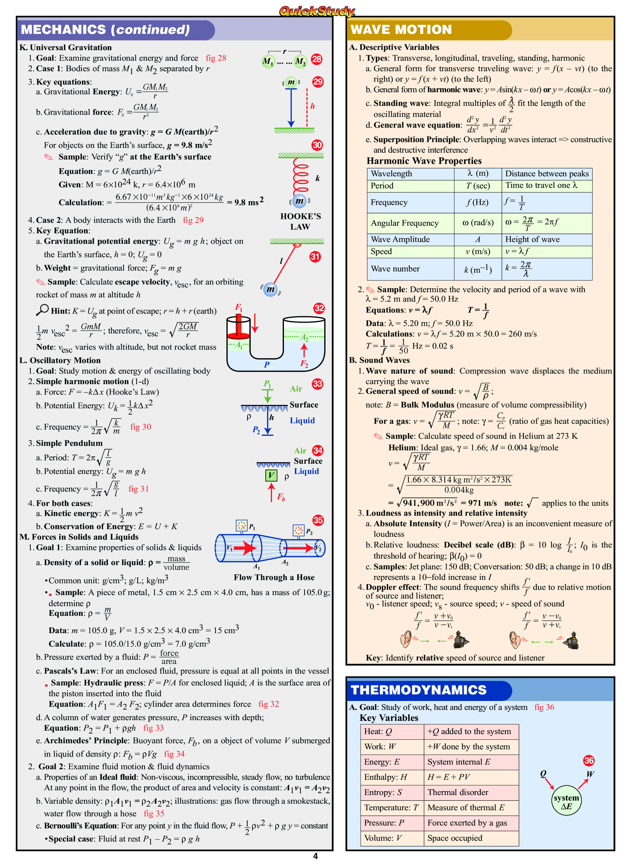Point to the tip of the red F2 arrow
click(x=304, y=344)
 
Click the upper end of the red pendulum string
click(x=296, y=245)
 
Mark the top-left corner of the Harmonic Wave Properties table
click(x=367, y=168)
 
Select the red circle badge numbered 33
click(x=318, y=384)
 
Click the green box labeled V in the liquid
click(x=271, y=475)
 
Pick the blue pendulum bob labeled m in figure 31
click(x=271, y=289)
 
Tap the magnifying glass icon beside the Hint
click(x=42, y=310)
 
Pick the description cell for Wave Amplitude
click(x=547, y=240)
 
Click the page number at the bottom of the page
click(x=315, y=856)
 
